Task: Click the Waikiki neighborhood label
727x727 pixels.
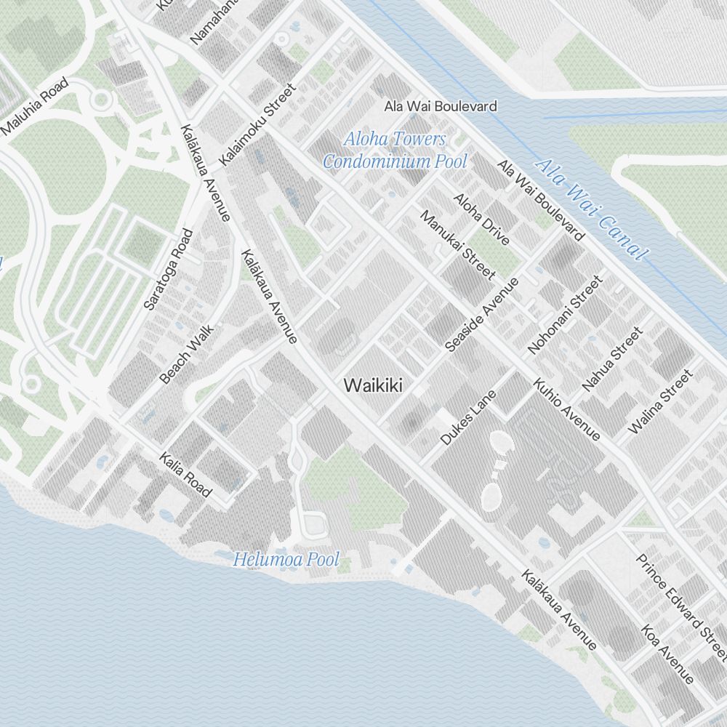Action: [374, 385]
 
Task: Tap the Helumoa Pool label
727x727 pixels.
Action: [286, 560]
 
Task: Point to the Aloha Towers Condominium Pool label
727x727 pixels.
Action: [395, 150]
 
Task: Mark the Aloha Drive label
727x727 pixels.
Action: [481, 219]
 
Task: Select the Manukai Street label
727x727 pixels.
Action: [458, 245]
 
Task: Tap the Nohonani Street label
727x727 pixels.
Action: [566, 314]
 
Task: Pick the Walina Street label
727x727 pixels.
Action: [659, 402]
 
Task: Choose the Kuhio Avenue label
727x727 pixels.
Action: [566, 409]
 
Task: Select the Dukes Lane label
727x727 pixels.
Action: [468, 417]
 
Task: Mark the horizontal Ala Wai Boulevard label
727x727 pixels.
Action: [441, 106]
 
